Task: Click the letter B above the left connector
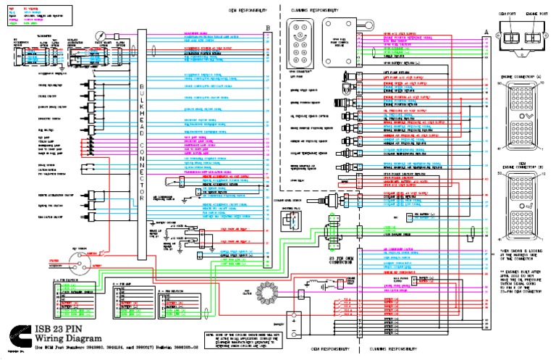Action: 268,28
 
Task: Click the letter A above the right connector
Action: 486,28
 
